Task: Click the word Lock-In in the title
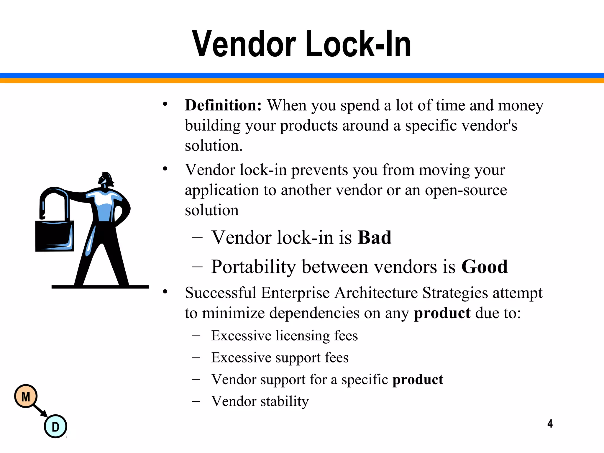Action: [358, 44]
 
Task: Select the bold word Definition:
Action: [223, 105]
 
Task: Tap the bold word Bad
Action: [374, 237]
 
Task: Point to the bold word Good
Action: [484, 267]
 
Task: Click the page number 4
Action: [550, 424]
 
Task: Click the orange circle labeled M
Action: [26, 396]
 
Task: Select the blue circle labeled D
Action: [55, 426]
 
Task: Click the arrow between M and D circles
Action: [40, 411]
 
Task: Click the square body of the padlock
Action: [55, 236]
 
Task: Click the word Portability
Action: [253, 267]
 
